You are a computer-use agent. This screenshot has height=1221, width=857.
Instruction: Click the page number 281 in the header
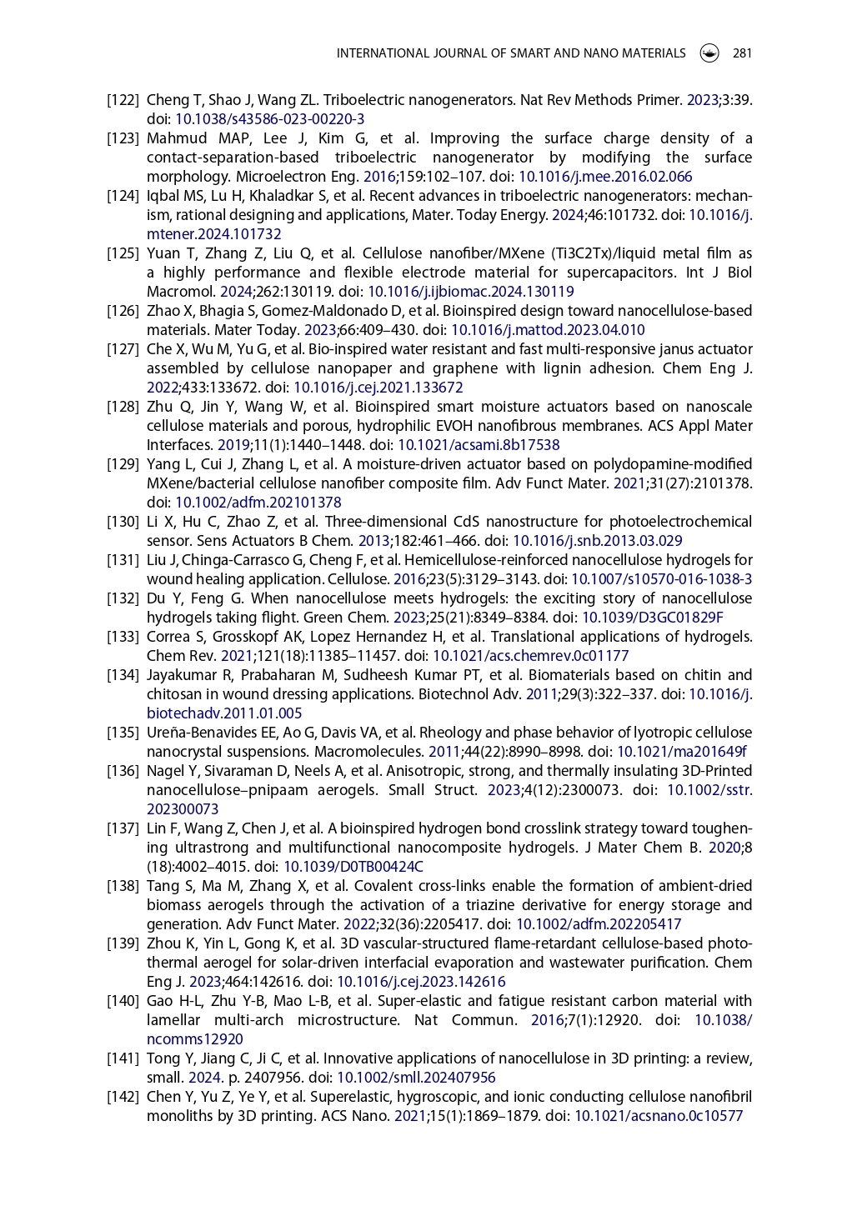click(x=742, y=53)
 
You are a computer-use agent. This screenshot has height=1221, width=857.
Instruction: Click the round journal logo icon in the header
click(x=709, y=53)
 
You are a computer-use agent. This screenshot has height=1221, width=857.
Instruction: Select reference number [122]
click(x=123, y=100)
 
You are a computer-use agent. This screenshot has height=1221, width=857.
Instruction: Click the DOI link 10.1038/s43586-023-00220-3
click(x=269, y=119)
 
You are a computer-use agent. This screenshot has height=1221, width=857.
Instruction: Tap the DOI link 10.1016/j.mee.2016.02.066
click(x=605, y=177)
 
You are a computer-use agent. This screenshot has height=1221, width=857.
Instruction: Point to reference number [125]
click(x=123, y=253)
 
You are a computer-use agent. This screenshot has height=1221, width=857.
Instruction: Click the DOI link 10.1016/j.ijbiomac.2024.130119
click(x=471, y=292)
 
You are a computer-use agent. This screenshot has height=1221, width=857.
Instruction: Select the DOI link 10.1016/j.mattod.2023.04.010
click(x=548, y=330)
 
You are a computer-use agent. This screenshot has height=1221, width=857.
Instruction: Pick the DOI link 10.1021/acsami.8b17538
click(x=479, y=445)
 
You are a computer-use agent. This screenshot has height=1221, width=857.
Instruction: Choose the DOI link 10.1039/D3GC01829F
click(x=653, y=618)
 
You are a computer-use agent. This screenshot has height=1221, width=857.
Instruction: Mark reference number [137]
click(x=123, y=828)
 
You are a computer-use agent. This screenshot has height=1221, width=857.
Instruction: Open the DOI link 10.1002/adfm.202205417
click(x=599, y=924)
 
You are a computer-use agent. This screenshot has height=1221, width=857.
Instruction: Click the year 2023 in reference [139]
click(x=205, y=982)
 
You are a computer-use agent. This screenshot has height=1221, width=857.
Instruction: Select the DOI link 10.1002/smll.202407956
click(x=416, y=1078)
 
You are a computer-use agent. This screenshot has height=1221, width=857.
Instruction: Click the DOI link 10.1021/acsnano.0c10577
click(x=659, y=1116)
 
